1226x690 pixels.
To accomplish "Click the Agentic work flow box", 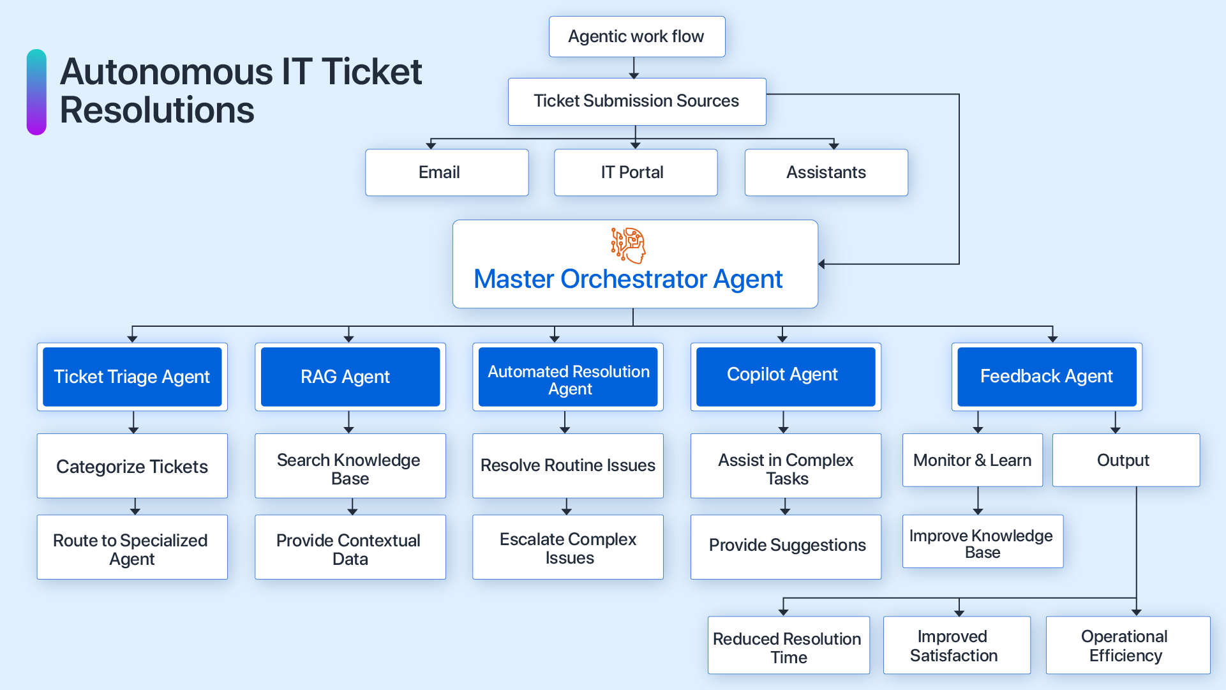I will click(636, 37).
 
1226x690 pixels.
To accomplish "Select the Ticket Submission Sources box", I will click(636, 101).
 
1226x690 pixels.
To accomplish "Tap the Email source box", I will click(446, 172).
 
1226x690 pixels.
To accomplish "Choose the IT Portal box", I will click(635, 172).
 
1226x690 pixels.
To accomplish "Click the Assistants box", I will click(826, 172).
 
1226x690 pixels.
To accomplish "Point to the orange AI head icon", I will click(629, 245).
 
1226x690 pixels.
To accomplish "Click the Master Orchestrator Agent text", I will click(628, 280).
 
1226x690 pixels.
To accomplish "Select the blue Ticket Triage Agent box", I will click(132, 377).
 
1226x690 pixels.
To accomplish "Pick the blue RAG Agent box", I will click(350, 377).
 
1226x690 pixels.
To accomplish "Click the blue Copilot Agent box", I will click(785, 375).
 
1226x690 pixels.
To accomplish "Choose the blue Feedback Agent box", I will click(1046, 377).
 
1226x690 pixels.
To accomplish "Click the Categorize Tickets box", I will click(132, 466).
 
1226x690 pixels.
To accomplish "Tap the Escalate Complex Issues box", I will click(568, 548).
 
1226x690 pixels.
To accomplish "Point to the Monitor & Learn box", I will click(972, 460).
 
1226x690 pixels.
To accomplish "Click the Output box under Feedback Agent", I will click(1125, 460).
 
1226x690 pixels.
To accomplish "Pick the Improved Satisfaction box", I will click(956, 645).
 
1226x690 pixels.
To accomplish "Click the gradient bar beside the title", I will click(36, 92).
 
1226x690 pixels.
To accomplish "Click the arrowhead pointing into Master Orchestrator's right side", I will click(822, 264).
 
